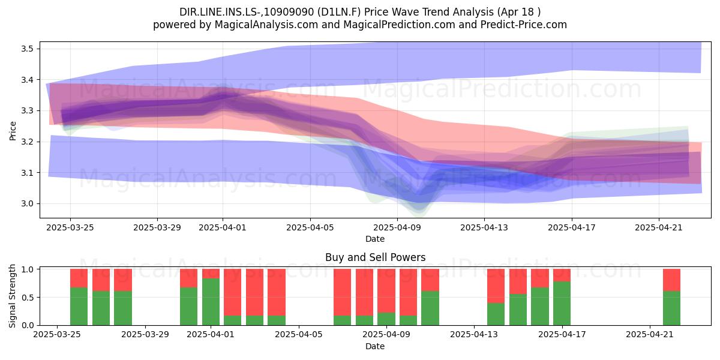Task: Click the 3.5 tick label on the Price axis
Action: pyautogui.click(x=26, y=49)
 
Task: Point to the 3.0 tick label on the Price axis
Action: pyautogui.click(x=26, y=204)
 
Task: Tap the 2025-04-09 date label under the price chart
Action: pyautogui.click(x=397, y=228)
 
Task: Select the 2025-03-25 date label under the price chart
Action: pyautogui.click(x=70, y=228)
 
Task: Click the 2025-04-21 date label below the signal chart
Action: pyautogui.click(x=650, y=335)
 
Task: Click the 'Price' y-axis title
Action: pyautogui.click(x=13, y=131)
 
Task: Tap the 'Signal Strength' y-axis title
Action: pyautogui.click(x=12, y=296)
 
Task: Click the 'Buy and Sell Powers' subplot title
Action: pyautogui.click(x=375, y=257)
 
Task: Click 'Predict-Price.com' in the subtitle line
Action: pyautogui.click(x=524, y=25)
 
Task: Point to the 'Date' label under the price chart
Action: pyautogui.click(x=375, y=239)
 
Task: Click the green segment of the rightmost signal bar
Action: pyautogui.click(x=672, y=308)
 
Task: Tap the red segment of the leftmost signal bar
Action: pyautogui.click(x=79, y=278)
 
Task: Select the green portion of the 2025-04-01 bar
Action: pyautogui.click(x=211, y=302)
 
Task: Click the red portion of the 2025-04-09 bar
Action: pyautogui.click(x=386, y=291)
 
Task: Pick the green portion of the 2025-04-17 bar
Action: pyautogui.click(x=562, y=304)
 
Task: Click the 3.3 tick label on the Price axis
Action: pyautogui.click(x=26, y=111)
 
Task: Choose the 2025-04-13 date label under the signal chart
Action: pyautogui.click(x=474, y=335)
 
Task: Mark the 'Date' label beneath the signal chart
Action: pyautogui.click(x=375, y=346)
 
